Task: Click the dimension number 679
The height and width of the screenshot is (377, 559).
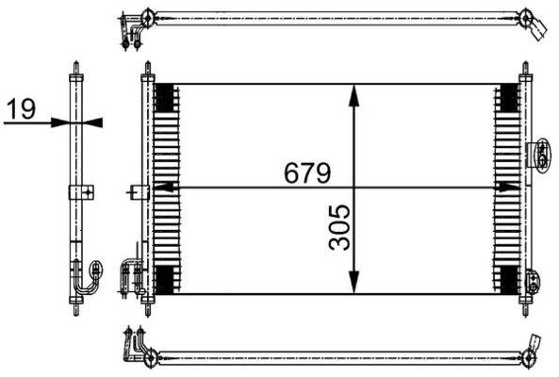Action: [307, 172]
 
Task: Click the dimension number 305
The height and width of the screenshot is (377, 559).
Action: [339, 226]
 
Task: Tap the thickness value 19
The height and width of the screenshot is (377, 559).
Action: [22, 109]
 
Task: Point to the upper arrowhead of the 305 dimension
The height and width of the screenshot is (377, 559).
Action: [353, 95]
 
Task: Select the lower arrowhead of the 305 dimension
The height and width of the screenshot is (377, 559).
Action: [353, 282]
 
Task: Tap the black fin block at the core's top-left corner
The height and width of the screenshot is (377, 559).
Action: [165, 98]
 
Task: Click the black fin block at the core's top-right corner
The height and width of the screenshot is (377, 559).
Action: [509, 98]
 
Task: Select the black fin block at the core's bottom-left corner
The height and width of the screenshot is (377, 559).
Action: [165, 280]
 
